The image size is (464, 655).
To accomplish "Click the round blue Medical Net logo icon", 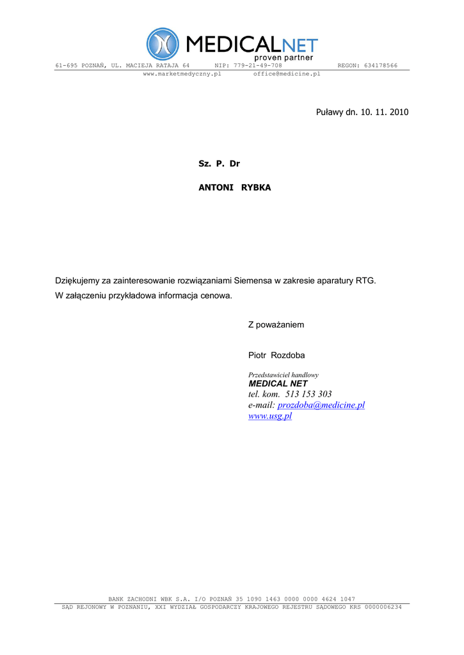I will click(x=163, y=44).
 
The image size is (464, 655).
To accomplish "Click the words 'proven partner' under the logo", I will click(x=282, y=58).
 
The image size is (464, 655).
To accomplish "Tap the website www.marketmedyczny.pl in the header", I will click(x=182, y=74).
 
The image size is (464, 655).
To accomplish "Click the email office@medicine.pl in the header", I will click(x=287, y=74).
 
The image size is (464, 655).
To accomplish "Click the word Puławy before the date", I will click(x=330, y=113).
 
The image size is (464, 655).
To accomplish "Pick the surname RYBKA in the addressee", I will click(x=256, y=187).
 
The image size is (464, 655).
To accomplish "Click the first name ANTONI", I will click(x=216, y=187).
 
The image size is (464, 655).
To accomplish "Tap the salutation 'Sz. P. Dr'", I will click(x=219, y=164).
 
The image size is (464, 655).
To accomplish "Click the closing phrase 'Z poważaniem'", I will click(x=276, y=325).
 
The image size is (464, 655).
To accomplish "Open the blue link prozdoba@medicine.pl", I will click(x=321, y=405).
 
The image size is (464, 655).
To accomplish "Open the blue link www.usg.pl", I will click(x=269, y=416).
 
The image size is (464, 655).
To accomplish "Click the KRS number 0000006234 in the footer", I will click(x=382, y=607).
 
